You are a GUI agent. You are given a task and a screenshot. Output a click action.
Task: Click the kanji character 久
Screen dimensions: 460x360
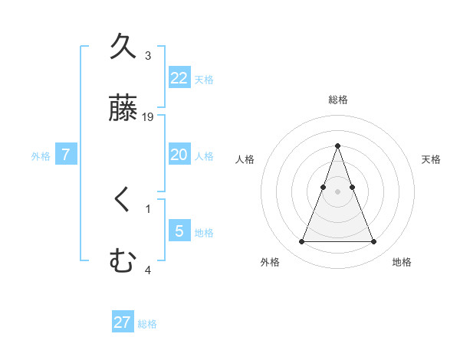(x=123, y=47)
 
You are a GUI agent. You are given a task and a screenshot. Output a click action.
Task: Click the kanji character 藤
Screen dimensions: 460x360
(x=123, y=109)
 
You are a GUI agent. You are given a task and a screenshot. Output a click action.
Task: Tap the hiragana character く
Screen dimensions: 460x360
(x=123, y=201)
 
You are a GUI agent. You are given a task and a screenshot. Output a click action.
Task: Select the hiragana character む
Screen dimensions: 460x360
(x=123, y=261)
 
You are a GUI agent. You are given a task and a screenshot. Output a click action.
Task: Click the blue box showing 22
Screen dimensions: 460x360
(x=179, y=78)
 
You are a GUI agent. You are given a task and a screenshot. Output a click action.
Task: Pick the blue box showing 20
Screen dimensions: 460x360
(x=179, y=155)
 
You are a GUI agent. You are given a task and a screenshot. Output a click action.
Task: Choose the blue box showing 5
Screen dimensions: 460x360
(x=179, y=231)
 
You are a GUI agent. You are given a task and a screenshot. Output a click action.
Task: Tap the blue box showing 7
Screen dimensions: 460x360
(x=66, y=155)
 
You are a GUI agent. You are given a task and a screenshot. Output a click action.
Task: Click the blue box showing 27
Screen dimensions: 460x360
(x=123, y=322)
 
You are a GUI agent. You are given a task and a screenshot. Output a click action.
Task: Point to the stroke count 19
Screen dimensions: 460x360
(x=149, y=117)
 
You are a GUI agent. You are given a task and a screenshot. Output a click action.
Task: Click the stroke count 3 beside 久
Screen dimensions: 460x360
(x=148, y=56)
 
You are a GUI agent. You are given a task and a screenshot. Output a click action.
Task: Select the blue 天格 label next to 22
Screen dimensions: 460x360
(x=204, y=80)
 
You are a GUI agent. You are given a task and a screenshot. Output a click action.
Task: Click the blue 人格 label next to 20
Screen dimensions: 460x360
(x=204, y=156)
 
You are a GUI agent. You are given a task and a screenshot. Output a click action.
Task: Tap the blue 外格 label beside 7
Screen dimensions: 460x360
(x=41, y=156)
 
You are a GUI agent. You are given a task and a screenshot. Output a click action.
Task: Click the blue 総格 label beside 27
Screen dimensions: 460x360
(x=147, y=324)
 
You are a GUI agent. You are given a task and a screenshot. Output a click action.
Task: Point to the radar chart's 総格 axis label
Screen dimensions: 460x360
(x=337, y=100)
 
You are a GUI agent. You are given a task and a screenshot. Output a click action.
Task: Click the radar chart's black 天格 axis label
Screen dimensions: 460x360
(x=431, y=159)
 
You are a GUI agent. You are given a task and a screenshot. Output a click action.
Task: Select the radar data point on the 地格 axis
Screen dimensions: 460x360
(x=373, y=242)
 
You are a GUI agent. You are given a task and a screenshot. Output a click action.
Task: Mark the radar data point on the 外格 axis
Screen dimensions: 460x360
(x=301, y=242)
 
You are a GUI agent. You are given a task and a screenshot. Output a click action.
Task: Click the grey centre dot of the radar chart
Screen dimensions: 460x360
(x=337, y=191)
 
